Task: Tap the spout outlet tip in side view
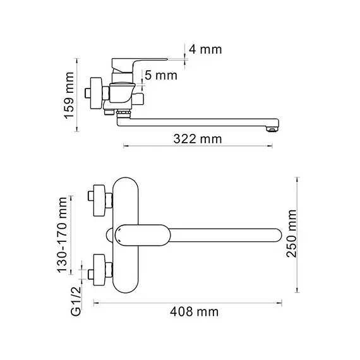point(273,129)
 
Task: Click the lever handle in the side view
point(139,61)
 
